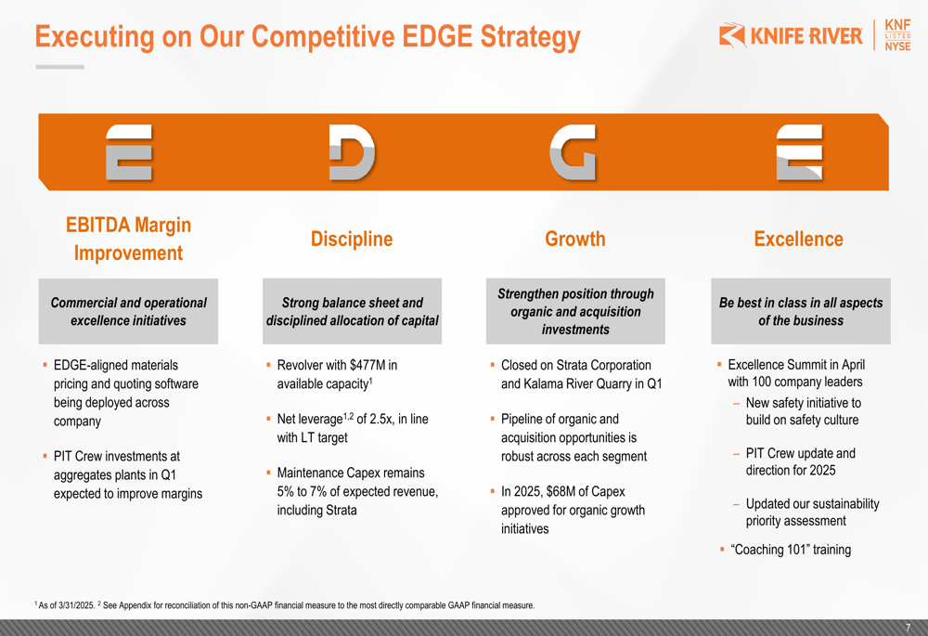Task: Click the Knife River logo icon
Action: coord(732,35)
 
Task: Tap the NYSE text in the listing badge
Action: coord(897,46)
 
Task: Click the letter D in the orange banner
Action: coord(352,152)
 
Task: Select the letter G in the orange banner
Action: coord(573,152)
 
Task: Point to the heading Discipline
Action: coord(352,239)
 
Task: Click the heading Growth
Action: coord(575,239)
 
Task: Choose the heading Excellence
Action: coord(798,239)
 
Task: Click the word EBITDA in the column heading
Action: coord(97,225)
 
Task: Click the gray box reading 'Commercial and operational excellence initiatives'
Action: coord(128,311)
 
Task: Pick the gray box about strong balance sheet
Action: coord(352,311)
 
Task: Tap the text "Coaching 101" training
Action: coord(791,550)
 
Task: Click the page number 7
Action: coord(908,628)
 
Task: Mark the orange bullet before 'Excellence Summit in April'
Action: coord(719,365)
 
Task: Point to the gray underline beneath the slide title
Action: coord(59,67)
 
